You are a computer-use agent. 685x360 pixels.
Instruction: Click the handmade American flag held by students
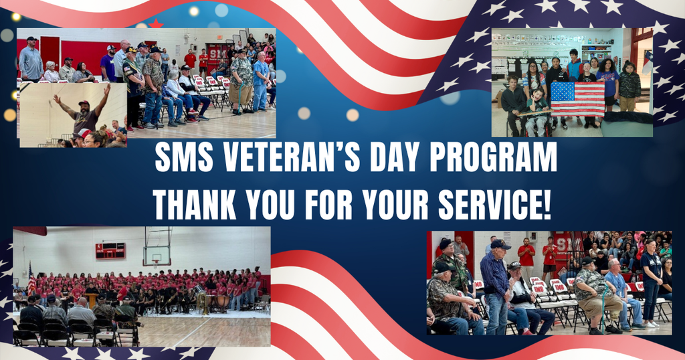[577, 99]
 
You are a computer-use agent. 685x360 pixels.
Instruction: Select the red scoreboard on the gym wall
[110, 251]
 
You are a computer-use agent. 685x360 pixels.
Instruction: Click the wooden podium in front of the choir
[91, 300]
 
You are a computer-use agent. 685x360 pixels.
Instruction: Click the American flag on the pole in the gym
[31, 280]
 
